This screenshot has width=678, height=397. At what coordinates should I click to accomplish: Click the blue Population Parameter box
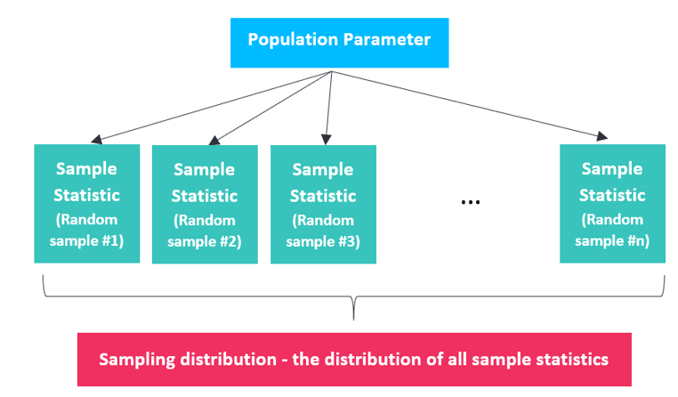coord(339,43)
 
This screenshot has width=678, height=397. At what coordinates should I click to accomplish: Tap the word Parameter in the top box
coord(387,40)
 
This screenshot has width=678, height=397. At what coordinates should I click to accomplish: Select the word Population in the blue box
coord(293,40)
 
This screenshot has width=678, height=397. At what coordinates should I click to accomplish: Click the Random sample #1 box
coord(87,204)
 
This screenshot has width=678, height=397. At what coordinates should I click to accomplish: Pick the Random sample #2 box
coord(205,205)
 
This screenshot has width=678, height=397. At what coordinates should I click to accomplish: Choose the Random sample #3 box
coord(324,205)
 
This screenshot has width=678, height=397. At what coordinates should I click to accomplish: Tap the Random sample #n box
coord(612,204)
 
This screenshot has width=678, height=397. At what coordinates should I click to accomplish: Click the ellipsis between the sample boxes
coord(471,202)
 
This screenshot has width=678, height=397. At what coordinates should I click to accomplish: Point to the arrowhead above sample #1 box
coord(97,139)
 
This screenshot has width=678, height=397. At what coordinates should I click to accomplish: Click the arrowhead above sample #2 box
coord(214,140)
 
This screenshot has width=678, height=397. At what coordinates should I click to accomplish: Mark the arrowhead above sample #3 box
coord(327,139)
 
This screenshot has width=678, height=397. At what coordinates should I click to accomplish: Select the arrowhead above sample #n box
coord(601,136)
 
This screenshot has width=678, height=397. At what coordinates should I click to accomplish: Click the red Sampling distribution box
coord(354,360)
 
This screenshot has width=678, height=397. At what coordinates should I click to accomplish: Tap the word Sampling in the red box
coord(137,361)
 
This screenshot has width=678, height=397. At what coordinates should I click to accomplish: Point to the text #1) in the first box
coord(113,241)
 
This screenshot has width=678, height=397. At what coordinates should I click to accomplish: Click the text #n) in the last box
coord(638,241)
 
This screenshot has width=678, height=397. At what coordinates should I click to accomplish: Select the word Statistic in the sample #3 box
coord(323,196)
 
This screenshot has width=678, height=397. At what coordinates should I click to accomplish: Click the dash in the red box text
coord(285,361)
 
